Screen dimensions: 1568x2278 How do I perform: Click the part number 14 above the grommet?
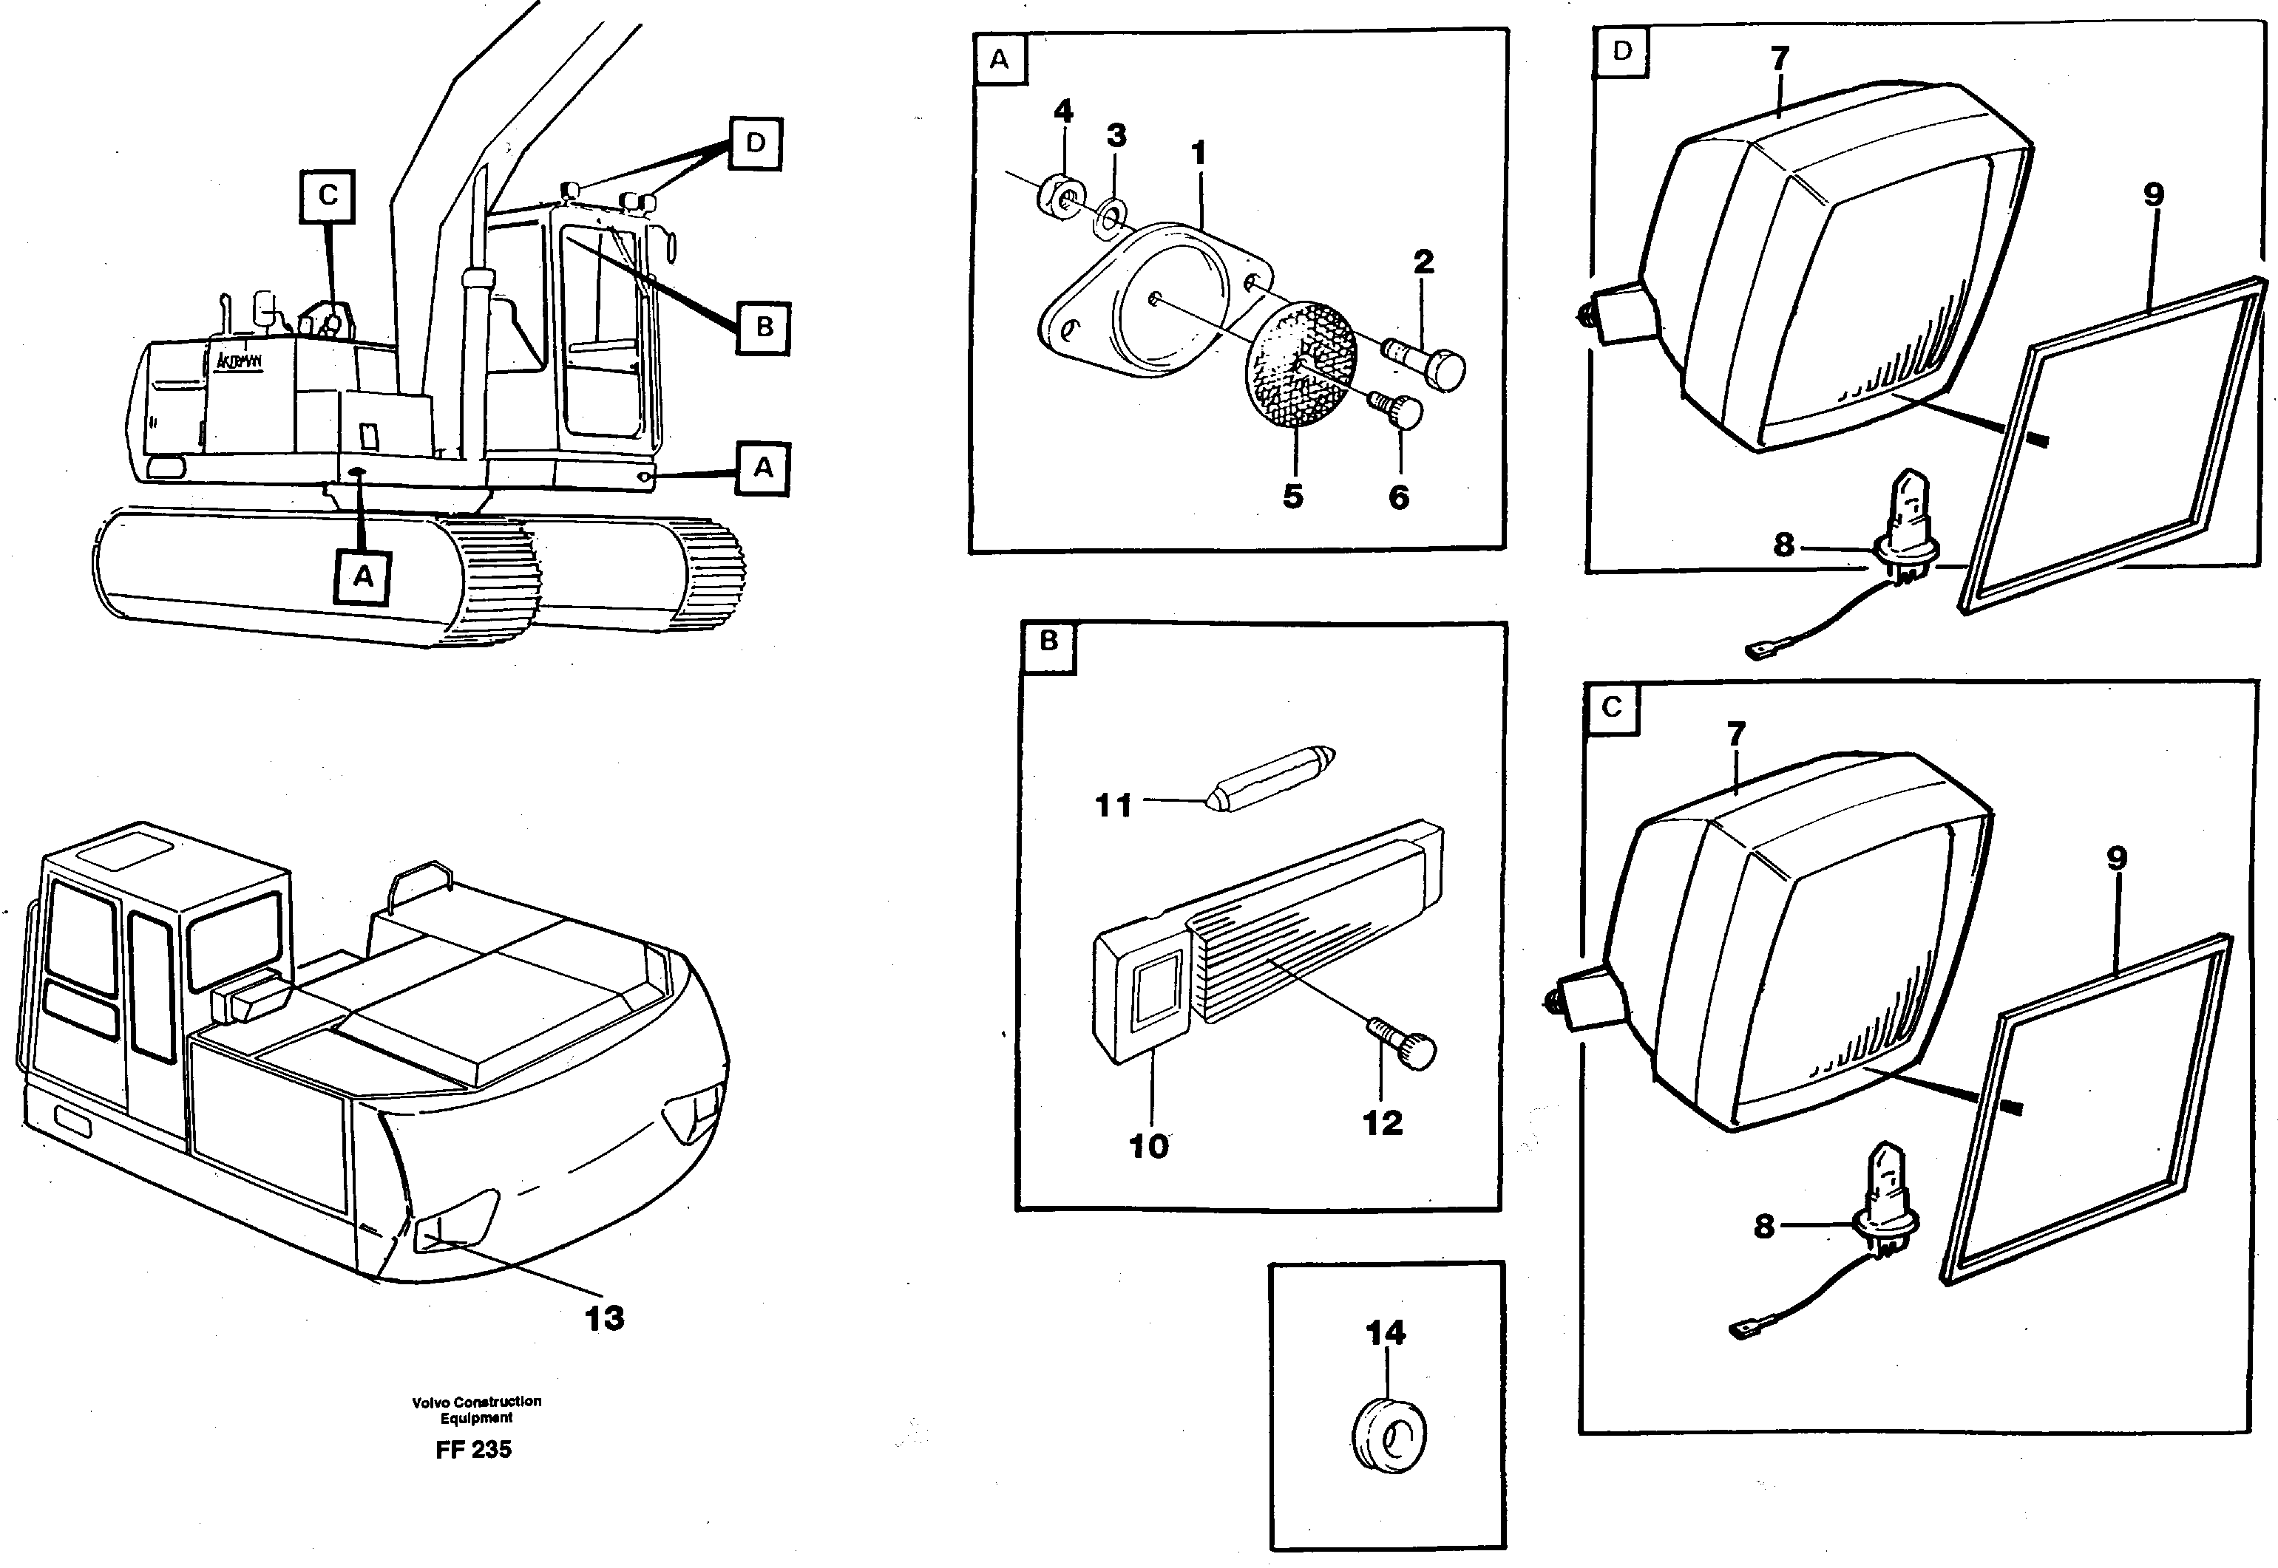[x=1386, y=1333]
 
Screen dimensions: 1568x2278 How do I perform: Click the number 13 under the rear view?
[x=604, y=1318]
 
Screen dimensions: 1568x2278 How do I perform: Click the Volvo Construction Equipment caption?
[x=477, y=1410]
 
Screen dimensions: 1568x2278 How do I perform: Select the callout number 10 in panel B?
[x=1148, y=1145]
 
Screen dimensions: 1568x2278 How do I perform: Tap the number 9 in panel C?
[x=2116, y=859]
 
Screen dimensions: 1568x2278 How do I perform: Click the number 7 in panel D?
[x=1780, y=59]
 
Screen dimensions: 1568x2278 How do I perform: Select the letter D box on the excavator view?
[x=755, y=143]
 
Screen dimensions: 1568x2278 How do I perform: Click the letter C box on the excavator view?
[x=328, y=196]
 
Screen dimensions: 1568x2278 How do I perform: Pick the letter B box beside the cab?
[x=764, y=327]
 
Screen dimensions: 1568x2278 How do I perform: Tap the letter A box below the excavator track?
[x=362, y=576]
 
